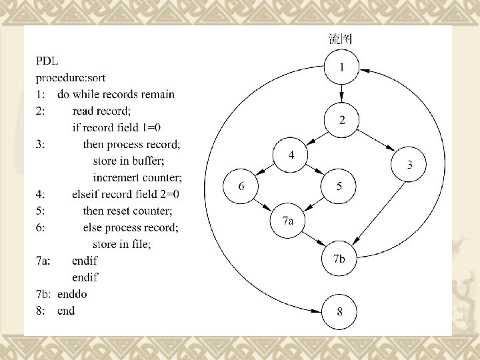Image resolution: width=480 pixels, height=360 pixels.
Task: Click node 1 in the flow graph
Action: point(341,67)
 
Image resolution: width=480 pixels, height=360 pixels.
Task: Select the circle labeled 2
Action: point(341,120)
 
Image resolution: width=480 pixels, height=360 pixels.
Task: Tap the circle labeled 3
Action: point(409,165)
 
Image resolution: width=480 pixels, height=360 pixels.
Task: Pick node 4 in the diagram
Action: point(291,155)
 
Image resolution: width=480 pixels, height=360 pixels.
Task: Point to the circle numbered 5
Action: point(339,186)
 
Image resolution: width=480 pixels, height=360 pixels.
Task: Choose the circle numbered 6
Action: point(241,186)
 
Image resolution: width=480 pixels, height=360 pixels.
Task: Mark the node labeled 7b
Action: point(340,257)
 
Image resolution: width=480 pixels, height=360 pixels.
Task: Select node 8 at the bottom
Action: point(340,311)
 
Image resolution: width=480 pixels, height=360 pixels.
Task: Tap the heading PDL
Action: point(47,61)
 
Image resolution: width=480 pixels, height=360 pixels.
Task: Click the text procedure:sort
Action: point(71,77)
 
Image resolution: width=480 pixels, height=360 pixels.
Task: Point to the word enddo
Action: point(72,294)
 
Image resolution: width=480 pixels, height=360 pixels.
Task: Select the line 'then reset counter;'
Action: point(127,211)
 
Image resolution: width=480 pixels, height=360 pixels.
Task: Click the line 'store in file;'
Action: point(121,245)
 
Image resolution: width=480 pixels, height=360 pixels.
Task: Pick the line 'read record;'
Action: point(101,111)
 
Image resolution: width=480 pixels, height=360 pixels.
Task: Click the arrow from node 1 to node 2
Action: point(341,93)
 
